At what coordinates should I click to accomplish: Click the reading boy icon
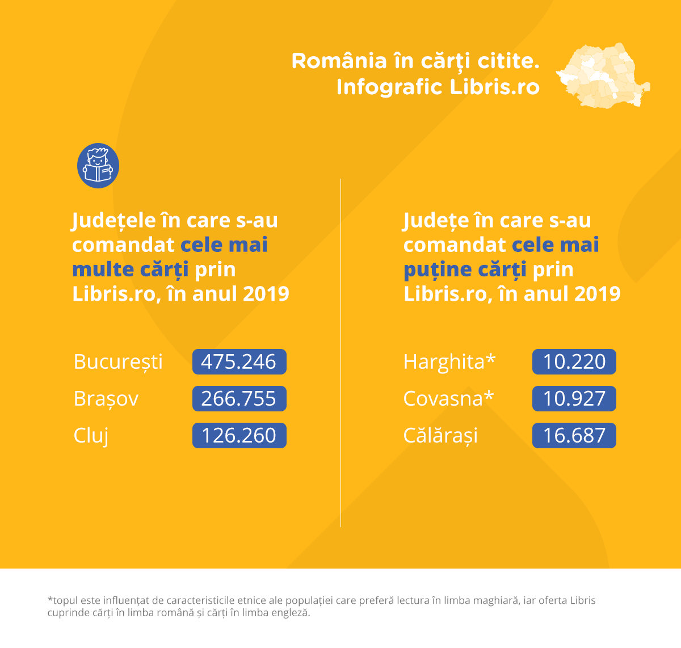(x=98, y=166)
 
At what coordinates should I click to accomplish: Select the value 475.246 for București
(x=239, y=362)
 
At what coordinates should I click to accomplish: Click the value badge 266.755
(x=239, y=399)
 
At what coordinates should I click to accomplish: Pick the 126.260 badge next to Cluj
(x=239, y=436)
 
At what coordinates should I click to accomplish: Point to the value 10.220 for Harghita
(x=574, y=362)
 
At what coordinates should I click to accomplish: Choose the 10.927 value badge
(x=574, y=399)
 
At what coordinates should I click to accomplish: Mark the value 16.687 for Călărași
(x=574, y=436)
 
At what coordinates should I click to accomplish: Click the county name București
(x=118, y=362)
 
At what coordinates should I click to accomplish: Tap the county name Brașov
(x=106, y=399)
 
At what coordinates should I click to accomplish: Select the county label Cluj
(x=91, y=436)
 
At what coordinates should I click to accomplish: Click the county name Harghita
(x=444, y=362)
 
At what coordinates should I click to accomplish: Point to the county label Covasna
(x=443, y=399)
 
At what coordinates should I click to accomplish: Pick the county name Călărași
(x=440, y=436)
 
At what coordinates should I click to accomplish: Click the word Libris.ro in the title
(x=494, y=87)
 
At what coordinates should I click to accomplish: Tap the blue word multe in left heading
(x=103, y=270)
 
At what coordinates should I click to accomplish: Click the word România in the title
(x=339, y=61)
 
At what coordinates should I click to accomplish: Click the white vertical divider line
(x=340, y=352)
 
